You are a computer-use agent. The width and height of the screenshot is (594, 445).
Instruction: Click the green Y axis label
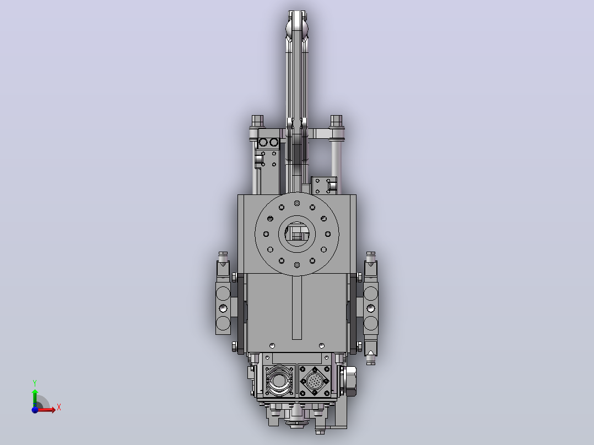(35, 383)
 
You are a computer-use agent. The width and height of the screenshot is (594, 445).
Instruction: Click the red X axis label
(59, 408)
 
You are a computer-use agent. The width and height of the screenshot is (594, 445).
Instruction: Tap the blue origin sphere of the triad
(35, 410)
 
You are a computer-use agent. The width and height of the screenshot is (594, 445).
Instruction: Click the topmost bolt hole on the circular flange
(297, 203)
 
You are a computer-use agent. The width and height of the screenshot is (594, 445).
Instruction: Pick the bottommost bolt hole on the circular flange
(297, 265)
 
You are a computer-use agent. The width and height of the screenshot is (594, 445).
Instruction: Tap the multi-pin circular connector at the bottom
(315, 381)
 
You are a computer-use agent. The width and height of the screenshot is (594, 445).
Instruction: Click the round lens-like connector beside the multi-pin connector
(279, 381)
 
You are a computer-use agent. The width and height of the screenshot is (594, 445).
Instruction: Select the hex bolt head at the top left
(257, 121)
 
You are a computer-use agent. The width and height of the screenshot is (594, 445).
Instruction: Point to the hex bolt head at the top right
(336, 121)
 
